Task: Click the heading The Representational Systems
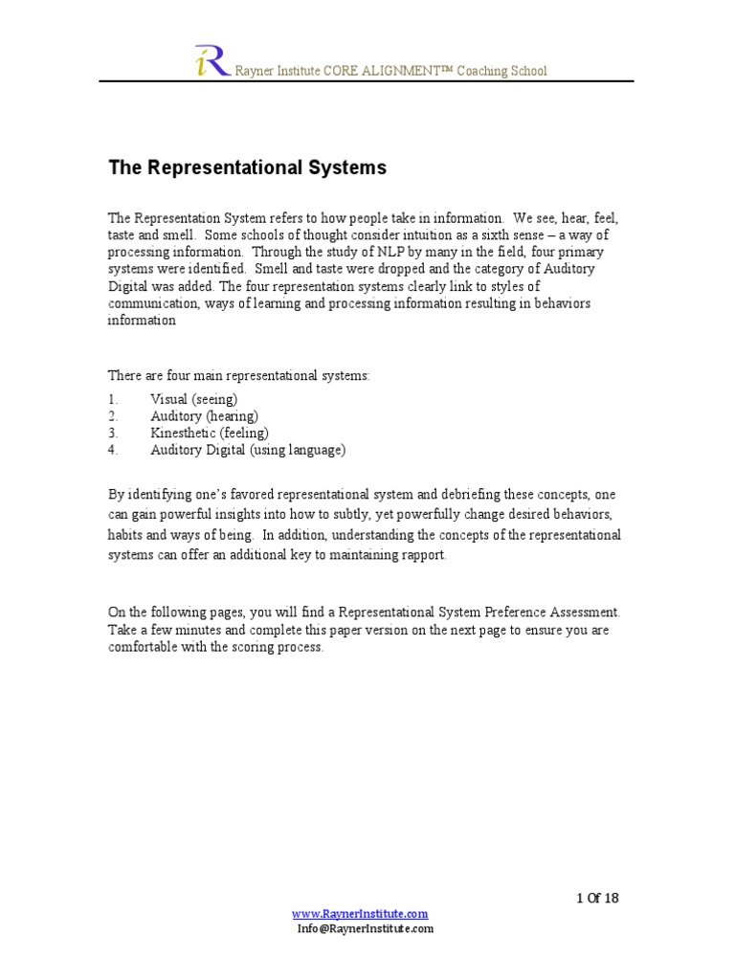pos(247,167)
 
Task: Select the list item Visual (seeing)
pos(193,398)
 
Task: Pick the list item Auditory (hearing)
pos(204,415)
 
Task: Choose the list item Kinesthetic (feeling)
pos(210,433)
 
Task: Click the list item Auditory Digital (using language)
pos(248,450)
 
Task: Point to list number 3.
pos(112,433)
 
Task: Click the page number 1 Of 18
pos(597,898)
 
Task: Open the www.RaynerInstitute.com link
pos(360,914)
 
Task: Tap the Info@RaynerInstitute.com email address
pos(365,928)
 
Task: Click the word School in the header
pos(529,71)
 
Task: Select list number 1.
pos(112,398)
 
